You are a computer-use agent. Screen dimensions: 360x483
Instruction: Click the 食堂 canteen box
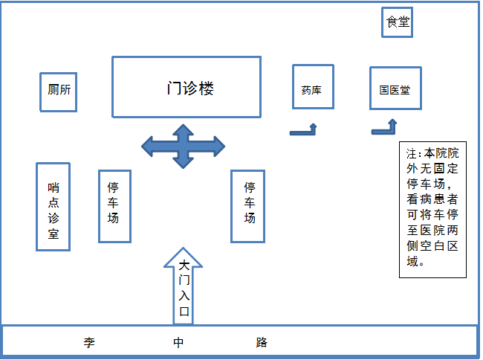tap(397, 22)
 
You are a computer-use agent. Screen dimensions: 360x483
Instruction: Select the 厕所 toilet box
tap(59, 91)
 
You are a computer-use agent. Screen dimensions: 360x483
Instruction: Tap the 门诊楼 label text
tap(190, 88)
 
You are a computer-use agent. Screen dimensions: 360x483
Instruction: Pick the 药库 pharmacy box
tap(312, 91)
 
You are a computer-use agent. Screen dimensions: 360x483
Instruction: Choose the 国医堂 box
tap(395, 90)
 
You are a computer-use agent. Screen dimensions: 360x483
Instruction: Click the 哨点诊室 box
tap(53, 207)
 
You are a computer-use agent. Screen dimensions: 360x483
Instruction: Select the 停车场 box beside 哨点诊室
tap(114, 206)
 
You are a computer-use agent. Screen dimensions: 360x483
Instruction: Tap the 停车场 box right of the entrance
tap(249, 206)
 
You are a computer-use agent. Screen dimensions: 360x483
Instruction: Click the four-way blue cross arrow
tap(183, 145)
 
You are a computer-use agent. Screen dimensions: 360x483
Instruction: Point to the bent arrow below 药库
tap(305, 131)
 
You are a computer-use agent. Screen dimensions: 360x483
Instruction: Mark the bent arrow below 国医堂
tap(386, 128)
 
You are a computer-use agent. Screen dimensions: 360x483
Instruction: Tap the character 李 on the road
tap(89, 343)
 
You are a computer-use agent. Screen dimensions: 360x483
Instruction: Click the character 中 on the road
tap(178, 343)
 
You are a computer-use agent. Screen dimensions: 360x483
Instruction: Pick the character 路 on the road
tap(261, 343)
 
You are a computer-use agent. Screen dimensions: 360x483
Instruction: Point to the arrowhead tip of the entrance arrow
tap(183, 250)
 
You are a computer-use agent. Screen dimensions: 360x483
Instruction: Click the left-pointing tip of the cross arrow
tap(143, 146)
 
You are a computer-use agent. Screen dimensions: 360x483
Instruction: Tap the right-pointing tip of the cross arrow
tap(223, 145)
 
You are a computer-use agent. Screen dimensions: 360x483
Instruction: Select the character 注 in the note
tap(412, 155)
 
